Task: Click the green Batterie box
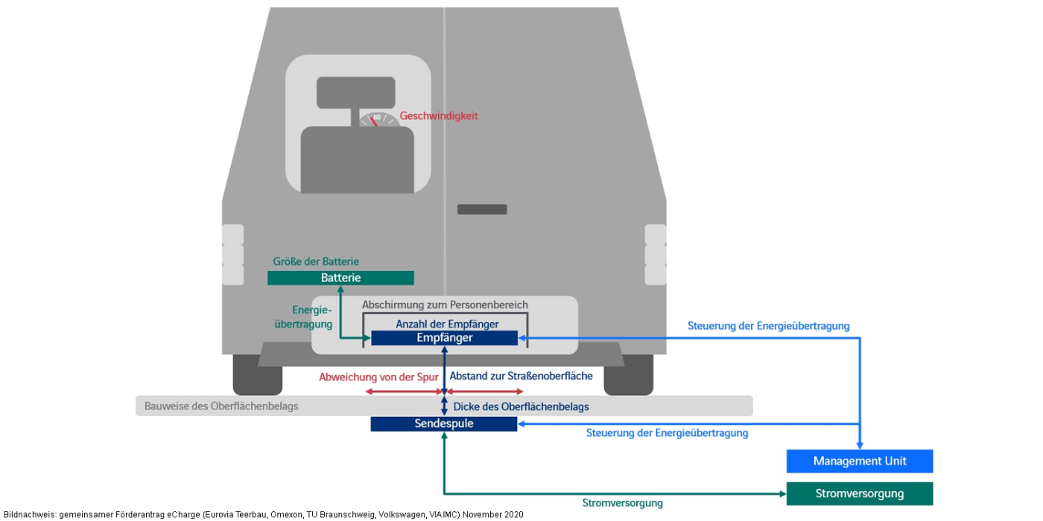coord(340,278)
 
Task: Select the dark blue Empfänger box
coord(444,338)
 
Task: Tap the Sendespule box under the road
coord(444,423)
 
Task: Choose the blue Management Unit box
coord(860,461)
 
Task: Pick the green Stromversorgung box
coord(860,493)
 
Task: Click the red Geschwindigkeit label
coord(439,116)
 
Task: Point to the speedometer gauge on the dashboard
coord(378,119)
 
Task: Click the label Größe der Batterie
coord(316,261)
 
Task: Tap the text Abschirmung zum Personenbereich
coord(445,304)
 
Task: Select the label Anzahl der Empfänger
coord(447,324)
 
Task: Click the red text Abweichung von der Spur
coord(378,377)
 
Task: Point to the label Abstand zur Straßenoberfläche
coord(521,376)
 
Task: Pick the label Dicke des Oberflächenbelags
coord(521,406)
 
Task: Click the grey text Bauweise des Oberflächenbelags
coord(221,406)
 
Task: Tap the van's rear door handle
coord(482,209)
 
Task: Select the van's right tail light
coord(656,255)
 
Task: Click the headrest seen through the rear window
coord(355,92)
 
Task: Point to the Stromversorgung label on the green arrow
coord(622,503)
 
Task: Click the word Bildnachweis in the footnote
coord(28,514)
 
